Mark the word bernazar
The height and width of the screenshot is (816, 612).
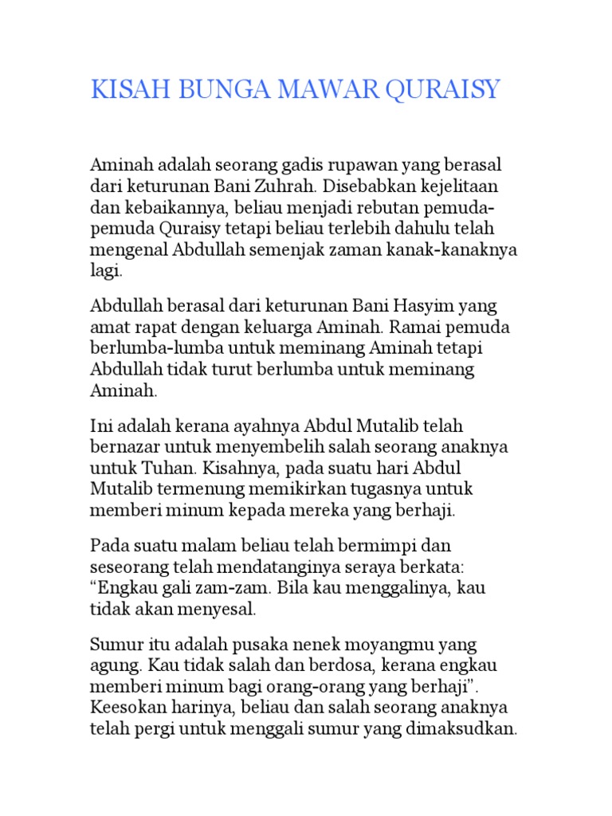[126, 447]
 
